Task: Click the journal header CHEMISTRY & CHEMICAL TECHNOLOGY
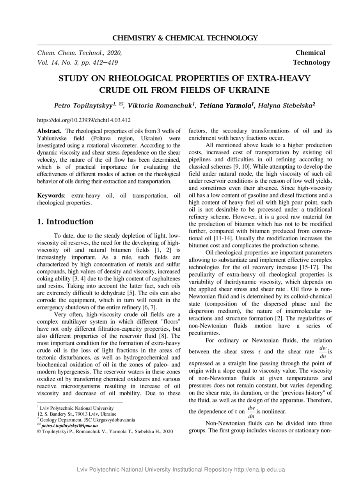185,38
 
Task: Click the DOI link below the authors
84,120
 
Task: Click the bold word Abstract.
49,131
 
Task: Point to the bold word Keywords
50,195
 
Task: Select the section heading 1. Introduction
65,222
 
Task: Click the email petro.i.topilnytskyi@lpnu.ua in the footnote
69,426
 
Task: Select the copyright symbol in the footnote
39,432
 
